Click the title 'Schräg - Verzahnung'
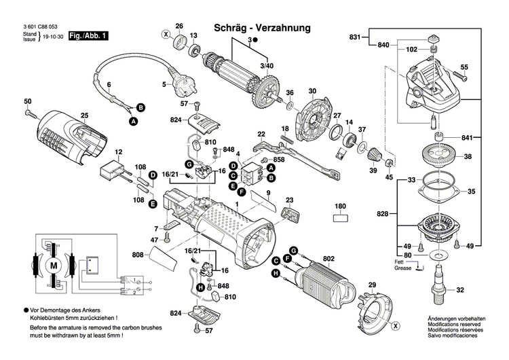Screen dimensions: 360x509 click(262, 28)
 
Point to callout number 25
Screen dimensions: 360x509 click(85, 115)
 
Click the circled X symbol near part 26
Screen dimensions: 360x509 click(165, 33)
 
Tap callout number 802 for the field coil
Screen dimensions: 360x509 click(329, 258)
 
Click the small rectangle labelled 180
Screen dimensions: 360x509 click(341, 219)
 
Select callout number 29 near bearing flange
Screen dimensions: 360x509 click(371, 284)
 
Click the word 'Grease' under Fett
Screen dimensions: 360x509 click(402, 268)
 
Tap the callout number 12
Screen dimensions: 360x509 click(118, 151)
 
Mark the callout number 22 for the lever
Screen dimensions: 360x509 click(261, 134)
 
